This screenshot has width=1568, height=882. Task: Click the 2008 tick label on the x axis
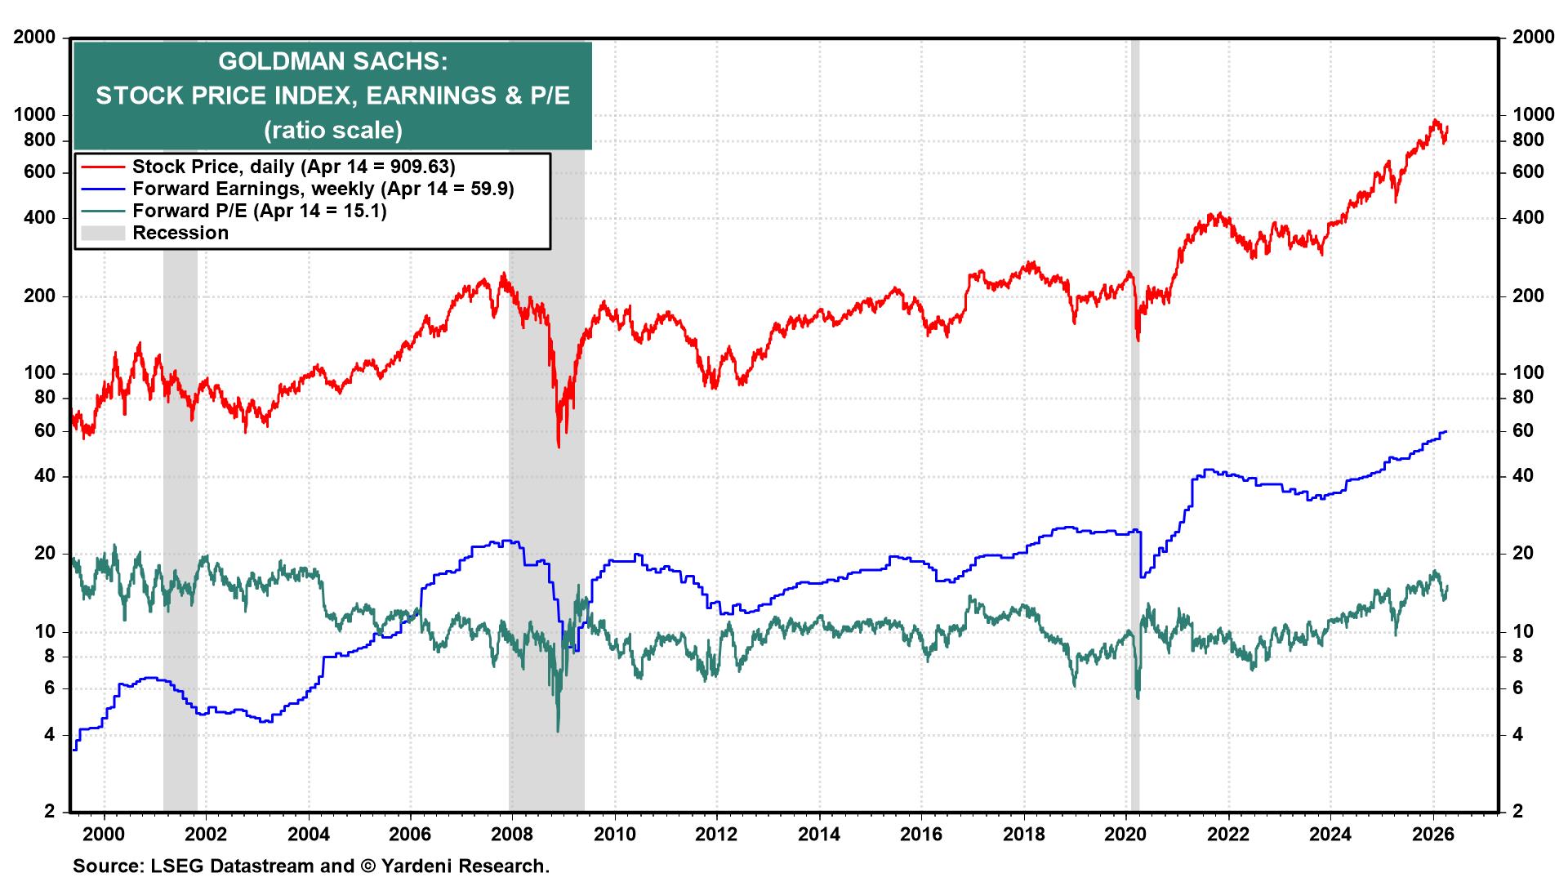[512, 834]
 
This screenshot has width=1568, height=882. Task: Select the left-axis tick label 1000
[34, 115]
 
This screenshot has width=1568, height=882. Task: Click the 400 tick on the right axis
[1528, 218]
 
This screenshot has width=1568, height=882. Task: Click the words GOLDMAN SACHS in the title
[332, 62]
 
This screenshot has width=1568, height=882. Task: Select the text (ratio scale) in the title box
[332, 130]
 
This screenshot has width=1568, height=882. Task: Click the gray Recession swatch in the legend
[103, 233]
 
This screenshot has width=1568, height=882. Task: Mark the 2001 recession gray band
[180, 490]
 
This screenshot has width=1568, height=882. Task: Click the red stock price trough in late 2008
[559, 446]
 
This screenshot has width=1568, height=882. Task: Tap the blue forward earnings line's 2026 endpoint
[1446, 431]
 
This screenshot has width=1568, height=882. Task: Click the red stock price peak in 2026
[1435, 121]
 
